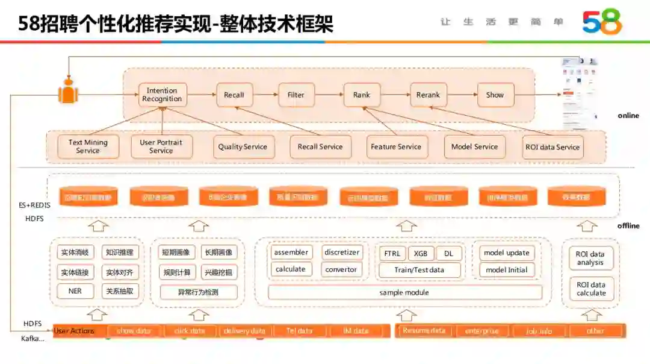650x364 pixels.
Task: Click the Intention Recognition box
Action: pyautogui.click(x=162, y=95)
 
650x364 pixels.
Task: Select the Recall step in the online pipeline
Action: pyautogui.click(x=234, y=95)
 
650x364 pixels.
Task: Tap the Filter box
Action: pyautogui.click(x=296, y=95)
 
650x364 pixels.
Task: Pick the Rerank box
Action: pyautogui.click(x=428, y=95)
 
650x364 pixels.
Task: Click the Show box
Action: pyautogui.click(x=495, y=95)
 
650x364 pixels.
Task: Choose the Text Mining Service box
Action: pyautogui.click(x=88, y=146)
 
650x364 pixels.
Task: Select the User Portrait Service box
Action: pyautogui.click(x=161, y=146)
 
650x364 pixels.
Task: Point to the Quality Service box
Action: pyautogui.click(x=243, y=147)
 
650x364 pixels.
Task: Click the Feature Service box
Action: pyautogui.click(x=396, y=147)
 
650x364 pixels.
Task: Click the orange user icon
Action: pyautogui.click(x=69, y=91)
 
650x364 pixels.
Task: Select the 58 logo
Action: pyautogui.click(x=601, y=22)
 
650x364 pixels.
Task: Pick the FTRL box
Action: pyautogui.click(x=392, y=254)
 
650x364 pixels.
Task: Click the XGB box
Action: pyautogui.click(x=420, y=254)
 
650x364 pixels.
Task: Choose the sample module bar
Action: pyautogui.click(x=404, y=292)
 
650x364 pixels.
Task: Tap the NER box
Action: pyautogui.click(x=75, y=291)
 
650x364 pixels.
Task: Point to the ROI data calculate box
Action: pyautogui.click(x=591, y=289)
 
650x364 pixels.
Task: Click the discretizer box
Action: pyautogui.click(x=341, y=253)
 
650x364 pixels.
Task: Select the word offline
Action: pyautogui.click(x=628, y=226)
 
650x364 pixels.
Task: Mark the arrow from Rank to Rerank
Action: pyautogui.click(x=395, y=95)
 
